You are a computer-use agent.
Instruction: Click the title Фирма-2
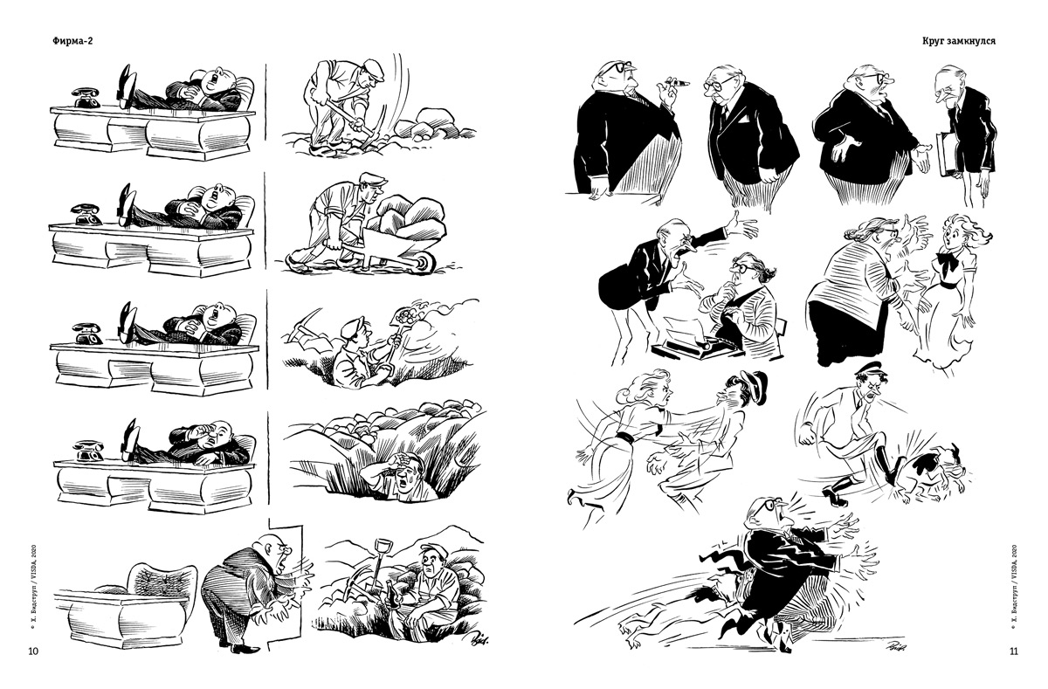pyautogui.click(x=72, y=41)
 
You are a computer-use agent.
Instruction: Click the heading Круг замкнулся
pyautogui.click(x=959, y=41)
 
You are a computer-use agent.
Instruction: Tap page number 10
pyautogui.click(x=33, y=651)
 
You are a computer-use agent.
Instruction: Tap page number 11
pyautogui.click(x=1013, y=651)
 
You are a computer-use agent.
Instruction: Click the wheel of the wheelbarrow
pyautogui.click(x=424, y=262)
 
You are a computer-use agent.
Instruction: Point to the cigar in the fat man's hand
pyautogui.click(x=678, y=83)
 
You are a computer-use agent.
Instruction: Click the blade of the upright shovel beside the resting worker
pyautogui.click(x=383, y=548)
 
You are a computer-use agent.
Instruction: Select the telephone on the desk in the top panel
pyautogui.click(x=87, y=98)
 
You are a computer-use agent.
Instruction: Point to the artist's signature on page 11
pyautogui.click(x=894, y=646)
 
